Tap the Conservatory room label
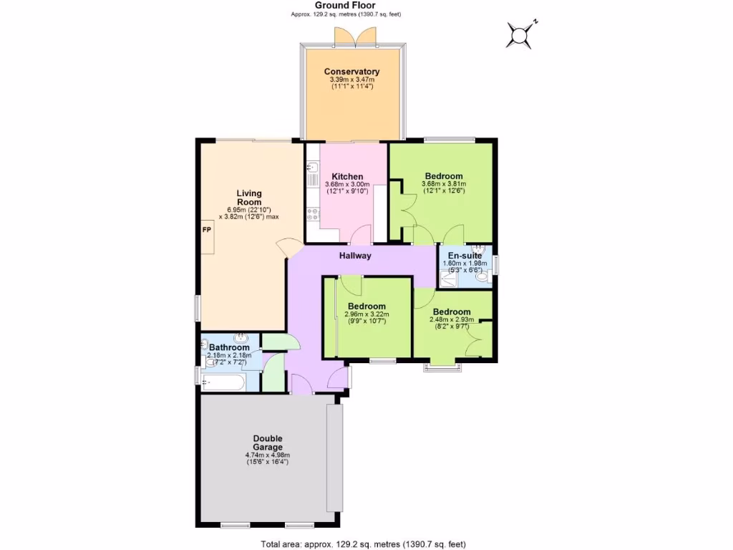point(351,72)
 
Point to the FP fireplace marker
point(206,230)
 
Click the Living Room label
point(249,198)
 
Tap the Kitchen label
point(347,176)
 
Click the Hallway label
point(355,256)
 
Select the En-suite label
point(464,255)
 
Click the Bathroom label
point(229,347)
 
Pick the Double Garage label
point(267,443)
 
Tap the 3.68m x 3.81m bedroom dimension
point(444,184)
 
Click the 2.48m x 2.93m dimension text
point(451,319)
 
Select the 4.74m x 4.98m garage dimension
point(267,455)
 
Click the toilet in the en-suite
point(482,275)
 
